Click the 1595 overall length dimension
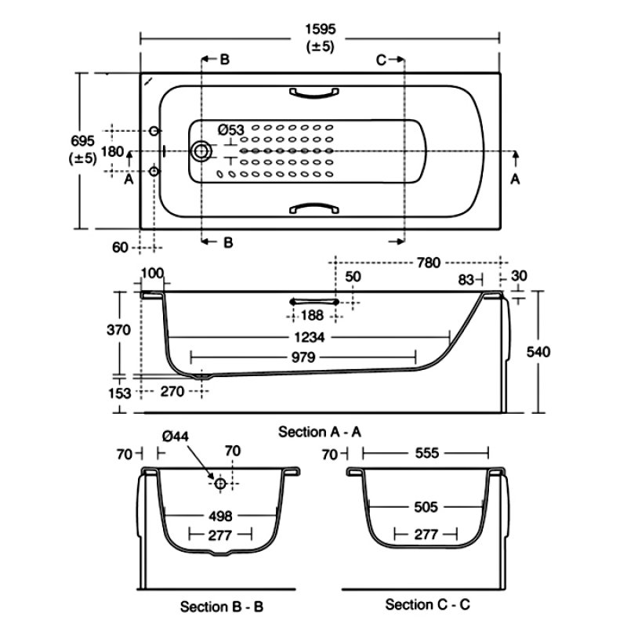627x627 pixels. point(320,28)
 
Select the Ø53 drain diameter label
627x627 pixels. point(230,129)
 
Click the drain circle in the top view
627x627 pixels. point(203,150)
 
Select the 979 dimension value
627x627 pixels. point(311,357)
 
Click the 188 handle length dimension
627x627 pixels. point(314,315)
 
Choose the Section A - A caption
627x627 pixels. point(319,432)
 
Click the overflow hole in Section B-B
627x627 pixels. point(220,484)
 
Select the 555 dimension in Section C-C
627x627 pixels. point(426,453)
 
